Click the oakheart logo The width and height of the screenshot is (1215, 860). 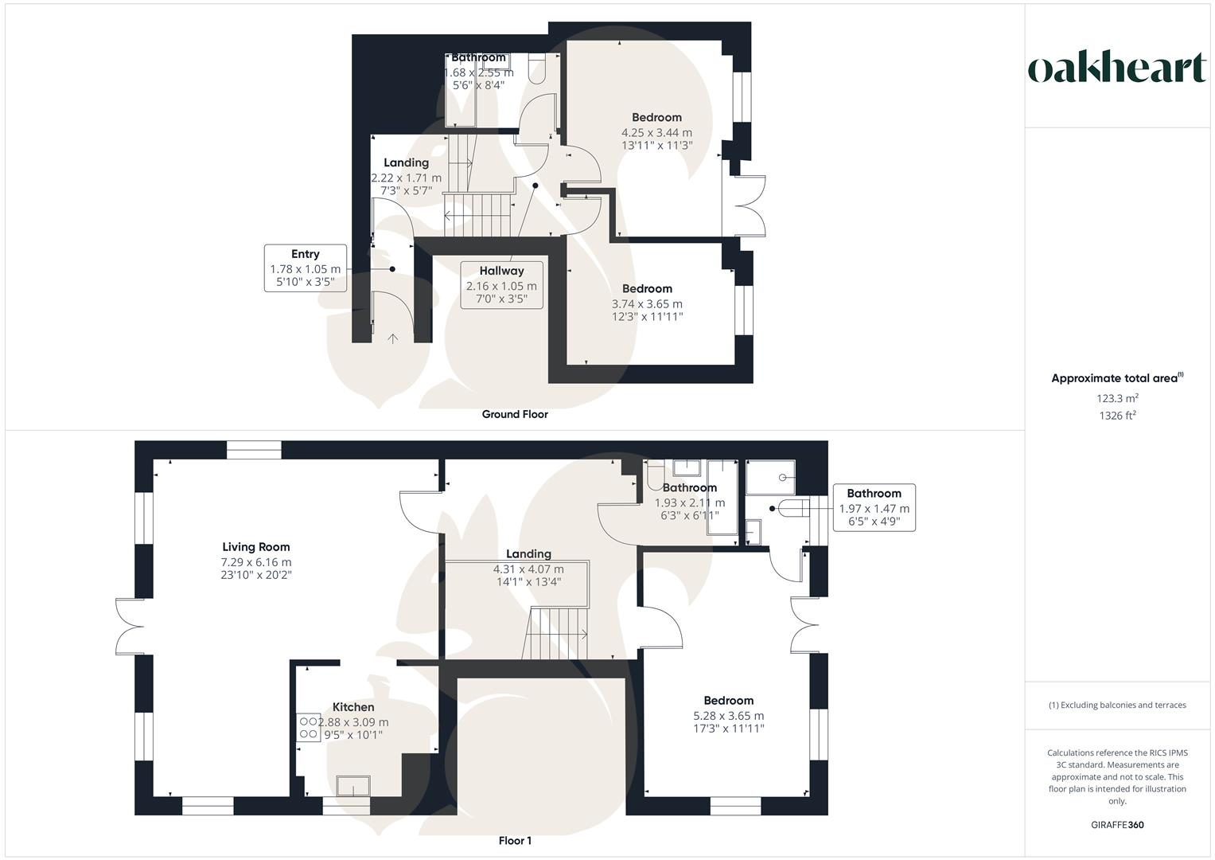pos(1117,68)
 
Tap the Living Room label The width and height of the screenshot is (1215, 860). pos(256,547)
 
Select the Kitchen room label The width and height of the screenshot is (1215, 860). pos(353,707)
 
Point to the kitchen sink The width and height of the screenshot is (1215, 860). pos(353,786)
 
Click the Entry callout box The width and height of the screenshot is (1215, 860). pos(306,268)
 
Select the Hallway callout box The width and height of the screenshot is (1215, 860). pos(501,285)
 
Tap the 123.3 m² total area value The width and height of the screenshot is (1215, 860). pos(1117,398)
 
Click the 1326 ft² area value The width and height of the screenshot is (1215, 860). pos(1117,416)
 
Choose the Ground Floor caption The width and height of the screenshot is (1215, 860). pos(515,414)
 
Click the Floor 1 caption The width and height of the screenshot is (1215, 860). pos(515,841)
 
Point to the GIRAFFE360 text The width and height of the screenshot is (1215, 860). pos(1117,825)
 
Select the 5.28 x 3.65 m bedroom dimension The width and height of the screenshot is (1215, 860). pos(728,716)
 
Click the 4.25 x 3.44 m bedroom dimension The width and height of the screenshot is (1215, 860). pos(656,133)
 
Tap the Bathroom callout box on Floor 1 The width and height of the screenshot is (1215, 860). pos(874,507)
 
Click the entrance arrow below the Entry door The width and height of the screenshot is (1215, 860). pos(392,338)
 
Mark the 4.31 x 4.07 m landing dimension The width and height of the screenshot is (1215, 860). pos(528,569)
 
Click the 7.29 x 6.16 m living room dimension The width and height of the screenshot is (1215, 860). pos(256,562)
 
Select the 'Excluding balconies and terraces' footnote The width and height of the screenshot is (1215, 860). pos(1117,705)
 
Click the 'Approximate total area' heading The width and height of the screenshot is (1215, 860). pos(1116,379)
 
